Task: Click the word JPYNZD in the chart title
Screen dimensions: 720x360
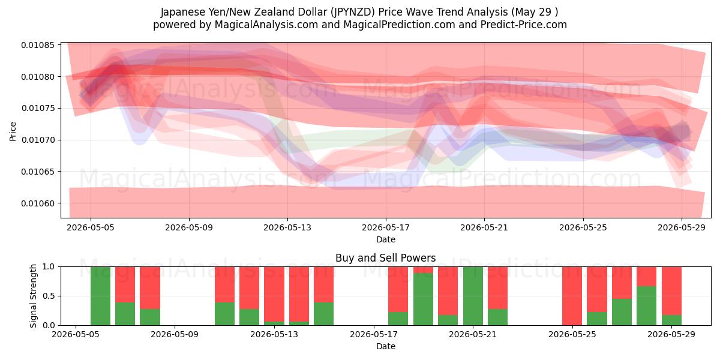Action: pos(352,12)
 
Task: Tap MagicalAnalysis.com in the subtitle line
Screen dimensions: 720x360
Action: pos(266,25)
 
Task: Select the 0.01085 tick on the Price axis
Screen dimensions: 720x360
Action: pos(38,45)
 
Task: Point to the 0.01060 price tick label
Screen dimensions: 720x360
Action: pos(38,203)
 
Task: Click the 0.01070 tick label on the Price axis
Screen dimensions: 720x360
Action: pos(38,140)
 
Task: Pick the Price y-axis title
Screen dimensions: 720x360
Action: pos(13,131)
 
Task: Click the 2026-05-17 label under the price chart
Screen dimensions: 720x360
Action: pos(386,227)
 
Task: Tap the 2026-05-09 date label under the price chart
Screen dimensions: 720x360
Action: pos(189,227)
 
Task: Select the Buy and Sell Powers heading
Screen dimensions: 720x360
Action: pos(386,258)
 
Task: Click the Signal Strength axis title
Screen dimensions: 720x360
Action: pos(33,296)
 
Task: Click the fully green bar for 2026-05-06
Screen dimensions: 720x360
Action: pos(101,296)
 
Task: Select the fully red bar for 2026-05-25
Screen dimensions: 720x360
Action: pos(572,296)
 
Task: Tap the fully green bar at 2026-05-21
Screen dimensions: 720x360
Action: pos(473,296)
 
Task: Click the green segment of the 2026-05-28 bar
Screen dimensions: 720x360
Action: pos(646,305)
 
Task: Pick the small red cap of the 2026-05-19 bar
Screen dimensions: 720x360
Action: pos(424,270)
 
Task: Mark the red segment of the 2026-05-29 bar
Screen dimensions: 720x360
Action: pos(671,291)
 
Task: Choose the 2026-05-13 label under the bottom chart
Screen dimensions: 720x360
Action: pos(274,335)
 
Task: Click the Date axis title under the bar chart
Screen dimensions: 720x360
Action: pos(386,347)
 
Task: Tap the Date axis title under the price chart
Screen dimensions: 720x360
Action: pos(386,239)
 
